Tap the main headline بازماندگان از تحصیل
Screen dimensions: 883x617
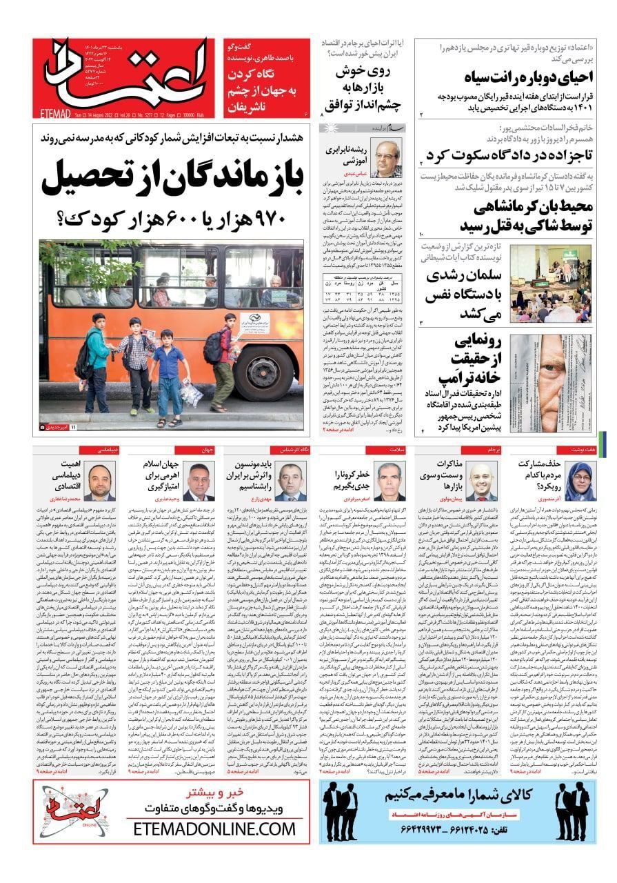click(x=172, y=178)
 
